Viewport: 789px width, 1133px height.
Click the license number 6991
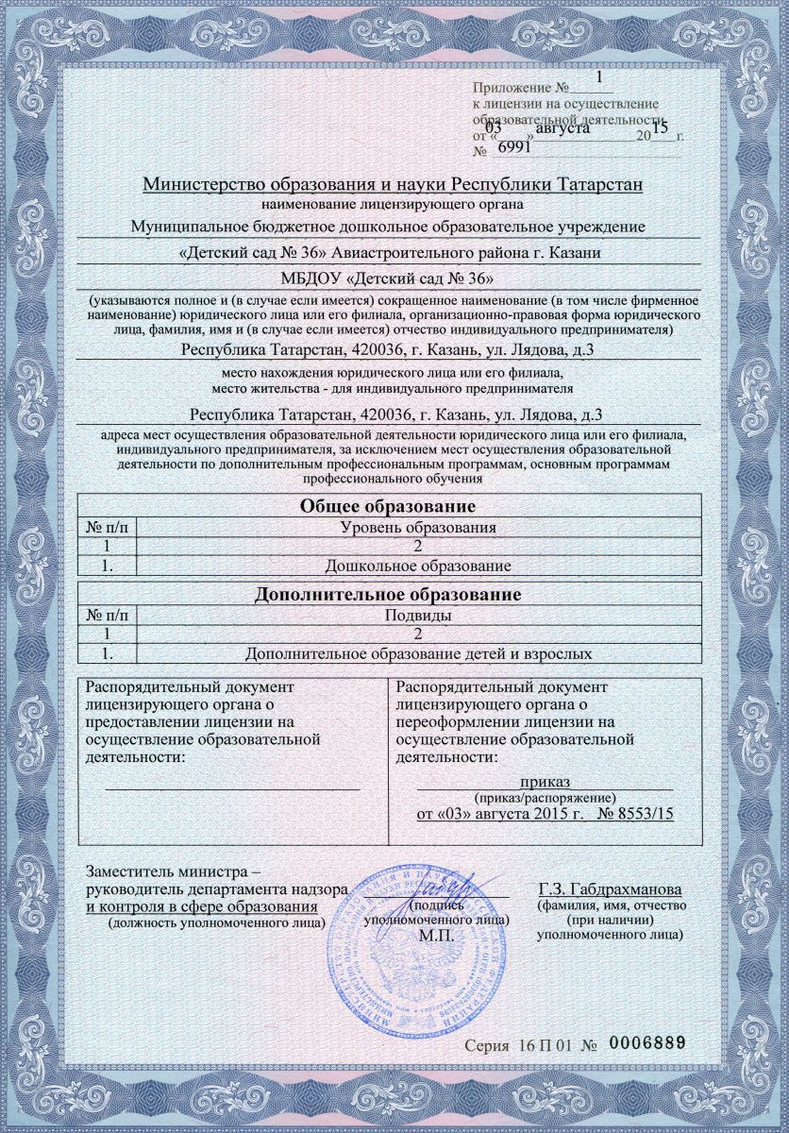coord(513,148)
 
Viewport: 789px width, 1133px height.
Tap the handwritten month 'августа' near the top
coord(562,128)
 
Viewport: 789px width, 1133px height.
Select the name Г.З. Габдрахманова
coord(612,889)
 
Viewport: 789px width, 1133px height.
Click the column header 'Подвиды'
coord(418,616)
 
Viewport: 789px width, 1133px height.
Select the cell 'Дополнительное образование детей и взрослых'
coord(417,653)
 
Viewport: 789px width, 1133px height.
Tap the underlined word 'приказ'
coord(545,781)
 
